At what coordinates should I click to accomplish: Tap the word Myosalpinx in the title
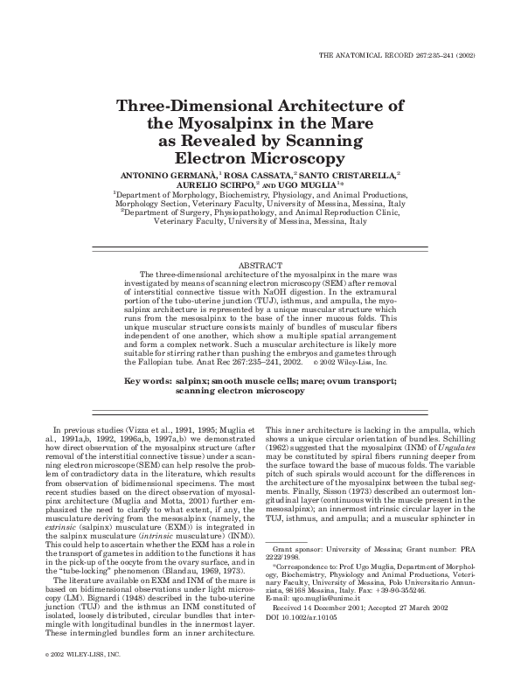238,123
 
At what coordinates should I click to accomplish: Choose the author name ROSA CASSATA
260,177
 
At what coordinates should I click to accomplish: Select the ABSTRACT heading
260,264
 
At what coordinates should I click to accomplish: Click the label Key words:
149,382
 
